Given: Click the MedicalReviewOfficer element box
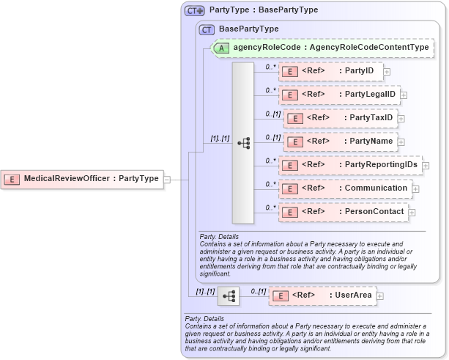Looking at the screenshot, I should [x=83, y=179].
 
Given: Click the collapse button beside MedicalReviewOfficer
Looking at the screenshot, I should [x=168, y=179].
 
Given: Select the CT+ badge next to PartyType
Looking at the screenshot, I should [x=194, y=10].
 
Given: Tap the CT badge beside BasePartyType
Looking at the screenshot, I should [x=207, y=29].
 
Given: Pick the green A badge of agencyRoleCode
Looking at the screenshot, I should [x=222, y=48].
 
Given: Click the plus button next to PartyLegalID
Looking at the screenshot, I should [x=404, y=95].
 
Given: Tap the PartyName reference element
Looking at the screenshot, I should [x=340, y=142].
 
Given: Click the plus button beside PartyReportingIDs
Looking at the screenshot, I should [x=426, y=166].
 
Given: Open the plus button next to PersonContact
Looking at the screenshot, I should [x=412, y=213].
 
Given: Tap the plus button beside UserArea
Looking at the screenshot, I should [x=380, y=296].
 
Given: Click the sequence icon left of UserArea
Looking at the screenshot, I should [x=229, y=295].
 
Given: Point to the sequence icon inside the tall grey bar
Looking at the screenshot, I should [x=243, y=142].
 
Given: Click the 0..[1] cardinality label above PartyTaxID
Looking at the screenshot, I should [x=273, y=114].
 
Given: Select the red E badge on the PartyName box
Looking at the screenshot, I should [x=294, y=142].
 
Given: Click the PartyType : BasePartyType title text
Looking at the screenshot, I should [x=264, y=10].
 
